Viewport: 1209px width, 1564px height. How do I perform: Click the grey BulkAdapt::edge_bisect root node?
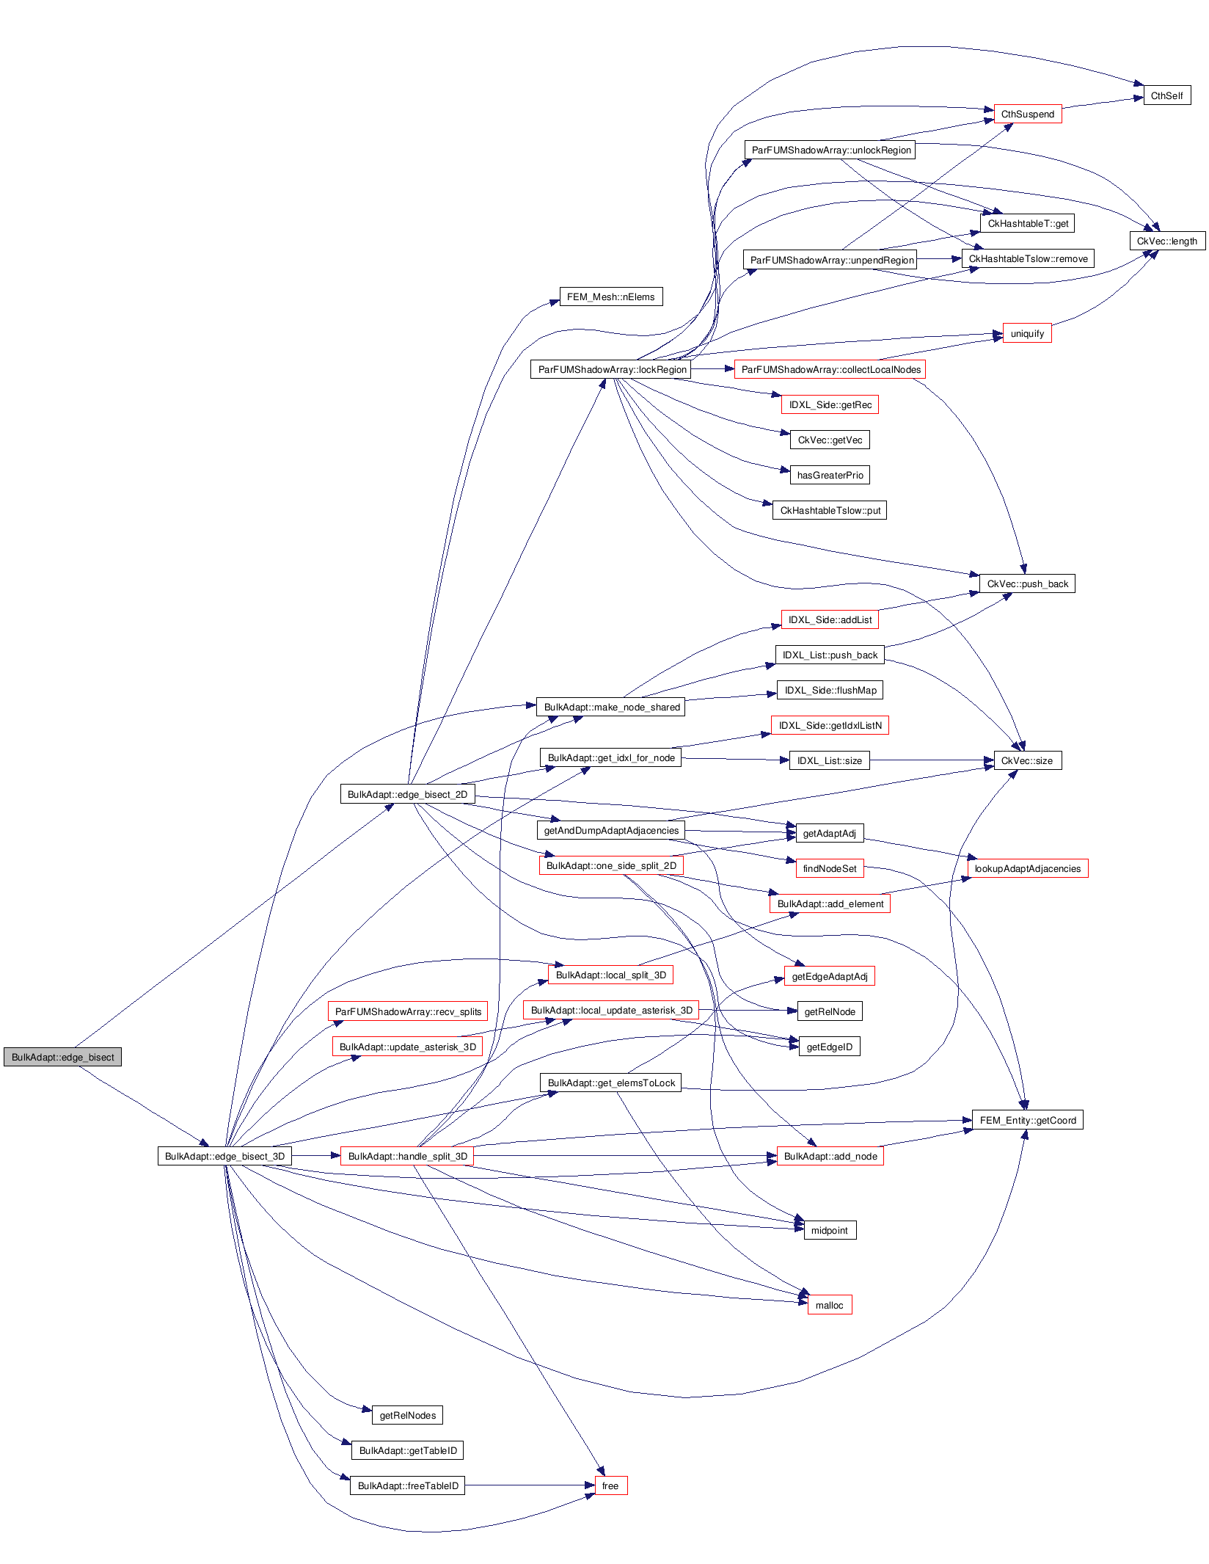click(x=62, y=1057)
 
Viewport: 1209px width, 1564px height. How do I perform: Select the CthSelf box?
click(x=1166, y=95)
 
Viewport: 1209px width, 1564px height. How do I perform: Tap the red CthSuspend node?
click(x=1027, y=114)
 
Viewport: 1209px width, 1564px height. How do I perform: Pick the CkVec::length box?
click(x=1166, y=241)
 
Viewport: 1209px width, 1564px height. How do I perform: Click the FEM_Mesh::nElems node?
click(x=610, y=297)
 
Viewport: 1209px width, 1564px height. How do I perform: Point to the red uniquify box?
click(x=1026, y=333)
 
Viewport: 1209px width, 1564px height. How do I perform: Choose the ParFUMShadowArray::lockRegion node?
click(x=612, y=369)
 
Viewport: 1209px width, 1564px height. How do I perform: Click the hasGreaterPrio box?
click(x=830, y=475)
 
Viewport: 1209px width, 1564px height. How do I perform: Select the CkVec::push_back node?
click(x=1027, y=583)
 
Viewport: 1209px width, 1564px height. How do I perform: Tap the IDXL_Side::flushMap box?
click(x=830, y=690)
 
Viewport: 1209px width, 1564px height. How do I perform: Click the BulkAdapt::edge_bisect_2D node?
click(x=407, y=794)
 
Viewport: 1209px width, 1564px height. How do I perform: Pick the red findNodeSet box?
click(x=829, y=868)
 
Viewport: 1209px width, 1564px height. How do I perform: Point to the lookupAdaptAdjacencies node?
click(x=1027, y=868)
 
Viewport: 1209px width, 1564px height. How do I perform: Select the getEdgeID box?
click(x=829, y=1047)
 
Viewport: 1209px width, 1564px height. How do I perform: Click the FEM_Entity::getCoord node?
click(x=1027, y=1120)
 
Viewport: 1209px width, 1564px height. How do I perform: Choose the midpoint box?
click(x=829, y=1230)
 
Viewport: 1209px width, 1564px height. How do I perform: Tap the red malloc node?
click(x=829, y=1305)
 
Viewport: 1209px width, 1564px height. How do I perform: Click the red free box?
click(x=610, y=1485)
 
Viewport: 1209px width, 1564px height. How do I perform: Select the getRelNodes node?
click(x=407, y=1415)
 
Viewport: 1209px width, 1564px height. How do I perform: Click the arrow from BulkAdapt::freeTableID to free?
click(x=528, y=1485)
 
